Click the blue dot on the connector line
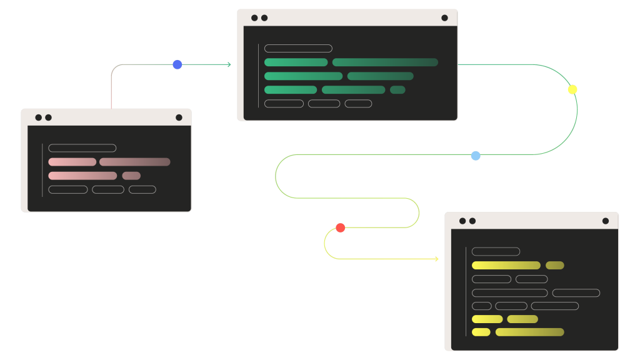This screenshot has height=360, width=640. tap(177, 64)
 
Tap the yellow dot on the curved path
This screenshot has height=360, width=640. tap(572, 89)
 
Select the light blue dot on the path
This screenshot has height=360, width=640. tap(476, 156)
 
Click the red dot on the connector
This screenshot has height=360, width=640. tap(341, 227)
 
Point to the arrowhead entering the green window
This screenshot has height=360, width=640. tap(229, 64)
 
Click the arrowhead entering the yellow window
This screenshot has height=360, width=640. tap(436, 259)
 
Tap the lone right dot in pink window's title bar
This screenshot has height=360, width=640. tap(179, 117)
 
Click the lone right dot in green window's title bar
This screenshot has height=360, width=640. tap(444, 18)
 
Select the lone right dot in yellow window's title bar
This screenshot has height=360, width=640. tap(605, 221)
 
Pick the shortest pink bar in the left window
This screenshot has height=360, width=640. tap(131, 176)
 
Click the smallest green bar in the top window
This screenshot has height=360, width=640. tap(397, 90)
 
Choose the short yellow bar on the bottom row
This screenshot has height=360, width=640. tap(481, 332)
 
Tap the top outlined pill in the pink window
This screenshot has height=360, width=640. tap(82, 148)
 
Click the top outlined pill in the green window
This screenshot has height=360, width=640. tap(298, 48)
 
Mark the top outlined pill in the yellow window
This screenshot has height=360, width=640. tap(496, 252)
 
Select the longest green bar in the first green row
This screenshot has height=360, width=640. tap(385, 62)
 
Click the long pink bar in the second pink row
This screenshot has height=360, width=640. tap(82, 176)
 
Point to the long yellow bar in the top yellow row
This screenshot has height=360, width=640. tap(506, 266)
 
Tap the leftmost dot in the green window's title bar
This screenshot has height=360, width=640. tap(254, 18)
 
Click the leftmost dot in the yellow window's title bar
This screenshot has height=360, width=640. tap(462, 221)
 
